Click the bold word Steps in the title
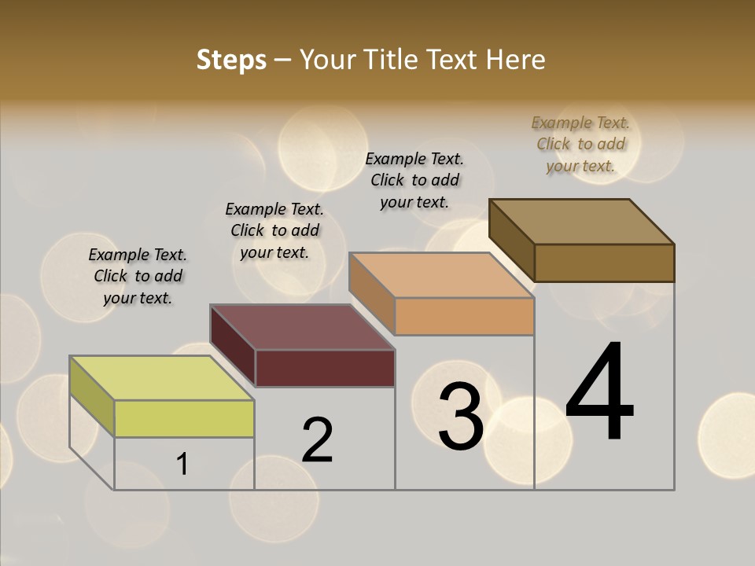pyautogui.click(x=230, y=60)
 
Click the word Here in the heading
pyautogui.click(x=516, y=60)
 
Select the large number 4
pyautogui.click(x=599, y=392)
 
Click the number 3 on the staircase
pyautogui.click(x=461, y=417)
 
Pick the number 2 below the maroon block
pyautogui.click(x=318, y=440)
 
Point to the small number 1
pyautogui.click(x=182, y=465)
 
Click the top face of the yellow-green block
pyautogui.click(x=162, y=378)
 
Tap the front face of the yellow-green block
pyautogui.click(x=184, y=418)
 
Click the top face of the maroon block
pyautogui.click(x=302, y=327)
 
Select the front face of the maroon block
pyautogui.click(x=325, y=368)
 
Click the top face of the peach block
pyautogui.click(x=441, y=275)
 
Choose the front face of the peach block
pyautogui.click(x=464, y=317)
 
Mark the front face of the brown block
pyautogui.click(x=604, y=263)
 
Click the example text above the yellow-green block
pyautogui.click(x=138, y=276)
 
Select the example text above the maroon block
pyautogui.click(x=274, y=230)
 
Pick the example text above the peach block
pyautogui.click(x=414, y=180)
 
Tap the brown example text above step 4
pyautogui.click(x=580, y=144)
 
